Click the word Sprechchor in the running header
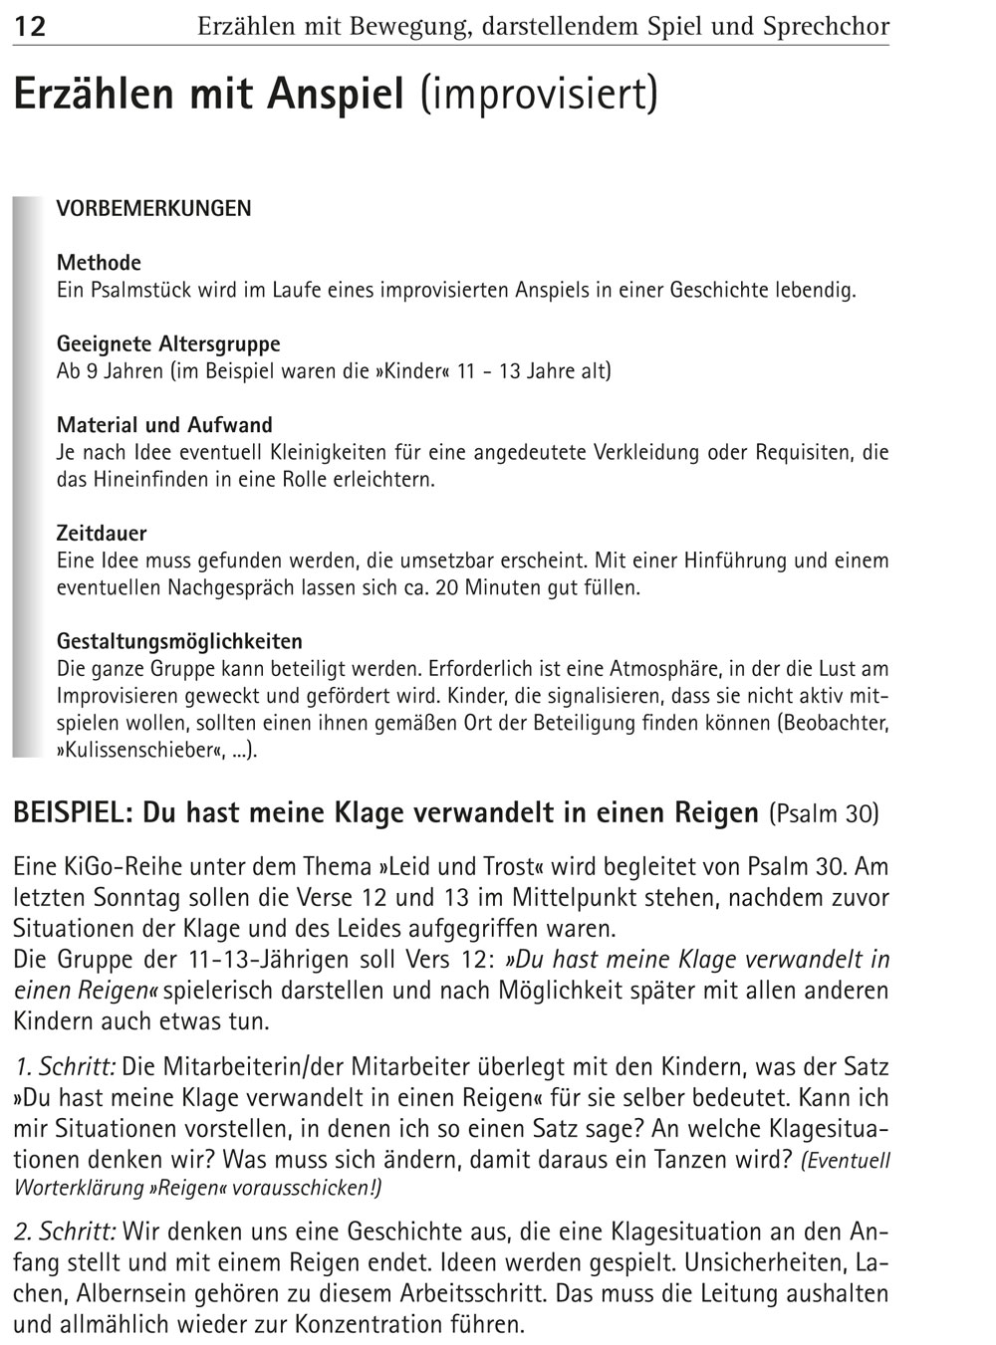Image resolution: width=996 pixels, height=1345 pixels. click(826, 26)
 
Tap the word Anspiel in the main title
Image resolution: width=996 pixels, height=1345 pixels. click(335, 96)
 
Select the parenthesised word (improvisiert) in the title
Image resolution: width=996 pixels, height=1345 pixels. click(539, 96)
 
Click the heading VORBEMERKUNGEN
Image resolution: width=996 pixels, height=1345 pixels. click(153, 209)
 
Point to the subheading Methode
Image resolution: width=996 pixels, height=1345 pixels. click(99, 263)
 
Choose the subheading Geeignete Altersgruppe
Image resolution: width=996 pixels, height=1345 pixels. click(168, 344)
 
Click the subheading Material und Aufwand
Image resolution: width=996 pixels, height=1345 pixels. click(164, 425)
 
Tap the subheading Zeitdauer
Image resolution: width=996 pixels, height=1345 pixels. click(102, 534)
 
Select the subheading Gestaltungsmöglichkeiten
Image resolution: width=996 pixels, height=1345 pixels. click(179, 641)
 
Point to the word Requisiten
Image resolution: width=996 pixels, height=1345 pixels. click(803, 453)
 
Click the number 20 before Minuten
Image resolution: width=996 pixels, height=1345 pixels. click(448, 587)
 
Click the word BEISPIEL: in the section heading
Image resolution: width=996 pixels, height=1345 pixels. click(74, 813)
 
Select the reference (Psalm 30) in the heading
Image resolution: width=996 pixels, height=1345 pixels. click(824, 814)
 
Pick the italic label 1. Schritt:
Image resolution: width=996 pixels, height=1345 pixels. click(66, 1068)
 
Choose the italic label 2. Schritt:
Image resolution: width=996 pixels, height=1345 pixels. click(66, 1233)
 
